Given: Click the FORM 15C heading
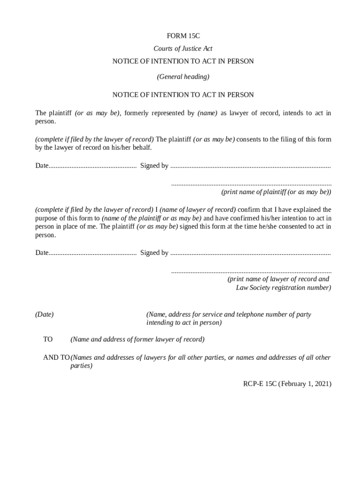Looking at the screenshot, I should click(x=183, y=36).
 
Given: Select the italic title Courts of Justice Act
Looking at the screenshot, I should click(x=183, y=49).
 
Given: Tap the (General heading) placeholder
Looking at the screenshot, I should click(x=183, y=76).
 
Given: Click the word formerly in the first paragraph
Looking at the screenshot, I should click(x=138, y=113).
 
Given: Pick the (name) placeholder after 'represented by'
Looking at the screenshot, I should click(x=208, y=113).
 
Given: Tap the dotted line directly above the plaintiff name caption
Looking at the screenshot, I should click(x=251, y=184).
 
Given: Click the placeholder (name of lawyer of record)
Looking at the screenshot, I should click(x=198, y=210).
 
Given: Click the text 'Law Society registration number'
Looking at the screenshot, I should click(x=283, y=288).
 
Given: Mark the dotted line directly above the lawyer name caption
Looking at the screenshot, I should click(x=251, y=271).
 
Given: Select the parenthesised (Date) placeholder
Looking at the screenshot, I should click(x=44, y=314).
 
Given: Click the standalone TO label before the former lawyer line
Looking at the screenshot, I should click(x=48, y=339).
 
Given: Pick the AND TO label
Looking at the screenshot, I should click(x=57, y=357).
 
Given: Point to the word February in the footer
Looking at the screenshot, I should click(x=295, y=384).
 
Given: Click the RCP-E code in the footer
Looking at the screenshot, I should click(x=254, y=384).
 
